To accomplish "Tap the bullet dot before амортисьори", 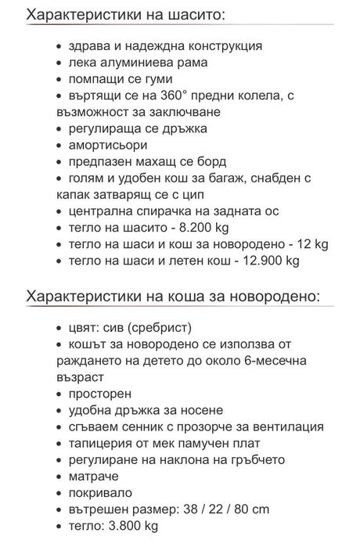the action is pos(61,146).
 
